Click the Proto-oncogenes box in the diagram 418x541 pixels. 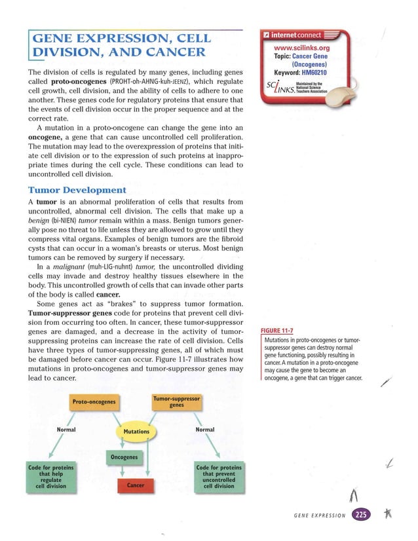pos(94,401)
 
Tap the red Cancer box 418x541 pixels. pos(135,485)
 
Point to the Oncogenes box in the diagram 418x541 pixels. pos(123,457)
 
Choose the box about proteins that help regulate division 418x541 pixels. pos(50,476)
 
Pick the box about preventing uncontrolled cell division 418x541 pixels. pos(219,476)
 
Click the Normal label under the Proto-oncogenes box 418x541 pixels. pos(66,430)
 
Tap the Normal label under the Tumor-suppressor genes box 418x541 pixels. pos(205,430)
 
